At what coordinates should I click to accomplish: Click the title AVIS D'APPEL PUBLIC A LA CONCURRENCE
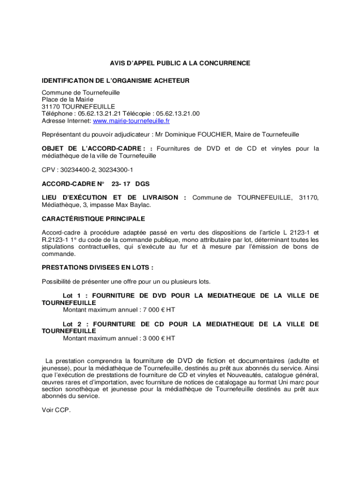[180, 63]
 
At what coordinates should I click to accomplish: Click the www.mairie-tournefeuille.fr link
[131, 121]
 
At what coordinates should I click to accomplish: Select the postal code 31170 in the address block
[50, 107]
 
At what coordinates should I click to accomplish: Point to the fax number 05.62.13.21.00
[178, 114]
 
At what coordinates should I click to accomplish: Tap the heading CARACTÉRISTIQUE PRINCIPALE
[93, 218]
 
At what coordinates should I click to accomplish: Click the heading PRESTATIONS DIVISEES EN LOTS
[97, 268]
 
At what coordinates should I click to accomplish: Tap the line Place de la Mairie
[67, 100]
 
